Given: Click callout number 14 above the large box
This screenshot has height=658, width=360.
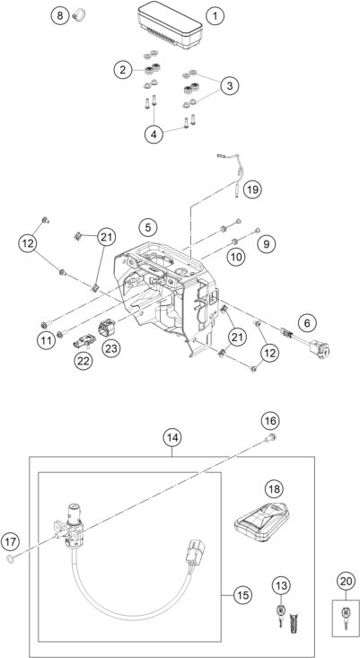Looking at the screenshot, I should pyautogui.click(x=172, y=438).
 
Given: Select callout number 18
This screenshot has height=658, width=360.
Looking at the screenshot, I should pyautogui.click(x=272, y=488).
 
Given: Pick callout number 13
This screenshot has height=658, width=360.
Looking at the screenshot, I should pyautogui.click(x=281, y=586).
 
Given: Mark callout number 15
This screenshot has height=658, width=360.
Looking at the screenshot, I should pyautogui.click(x=242, y=593).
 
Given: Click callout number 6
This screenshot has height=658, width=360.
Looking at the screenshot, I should pyautogui.click(x=308, y=321).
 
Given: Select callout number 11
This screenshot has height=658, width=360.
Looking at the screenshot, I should pyautogui.click(x=46, y=338).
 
